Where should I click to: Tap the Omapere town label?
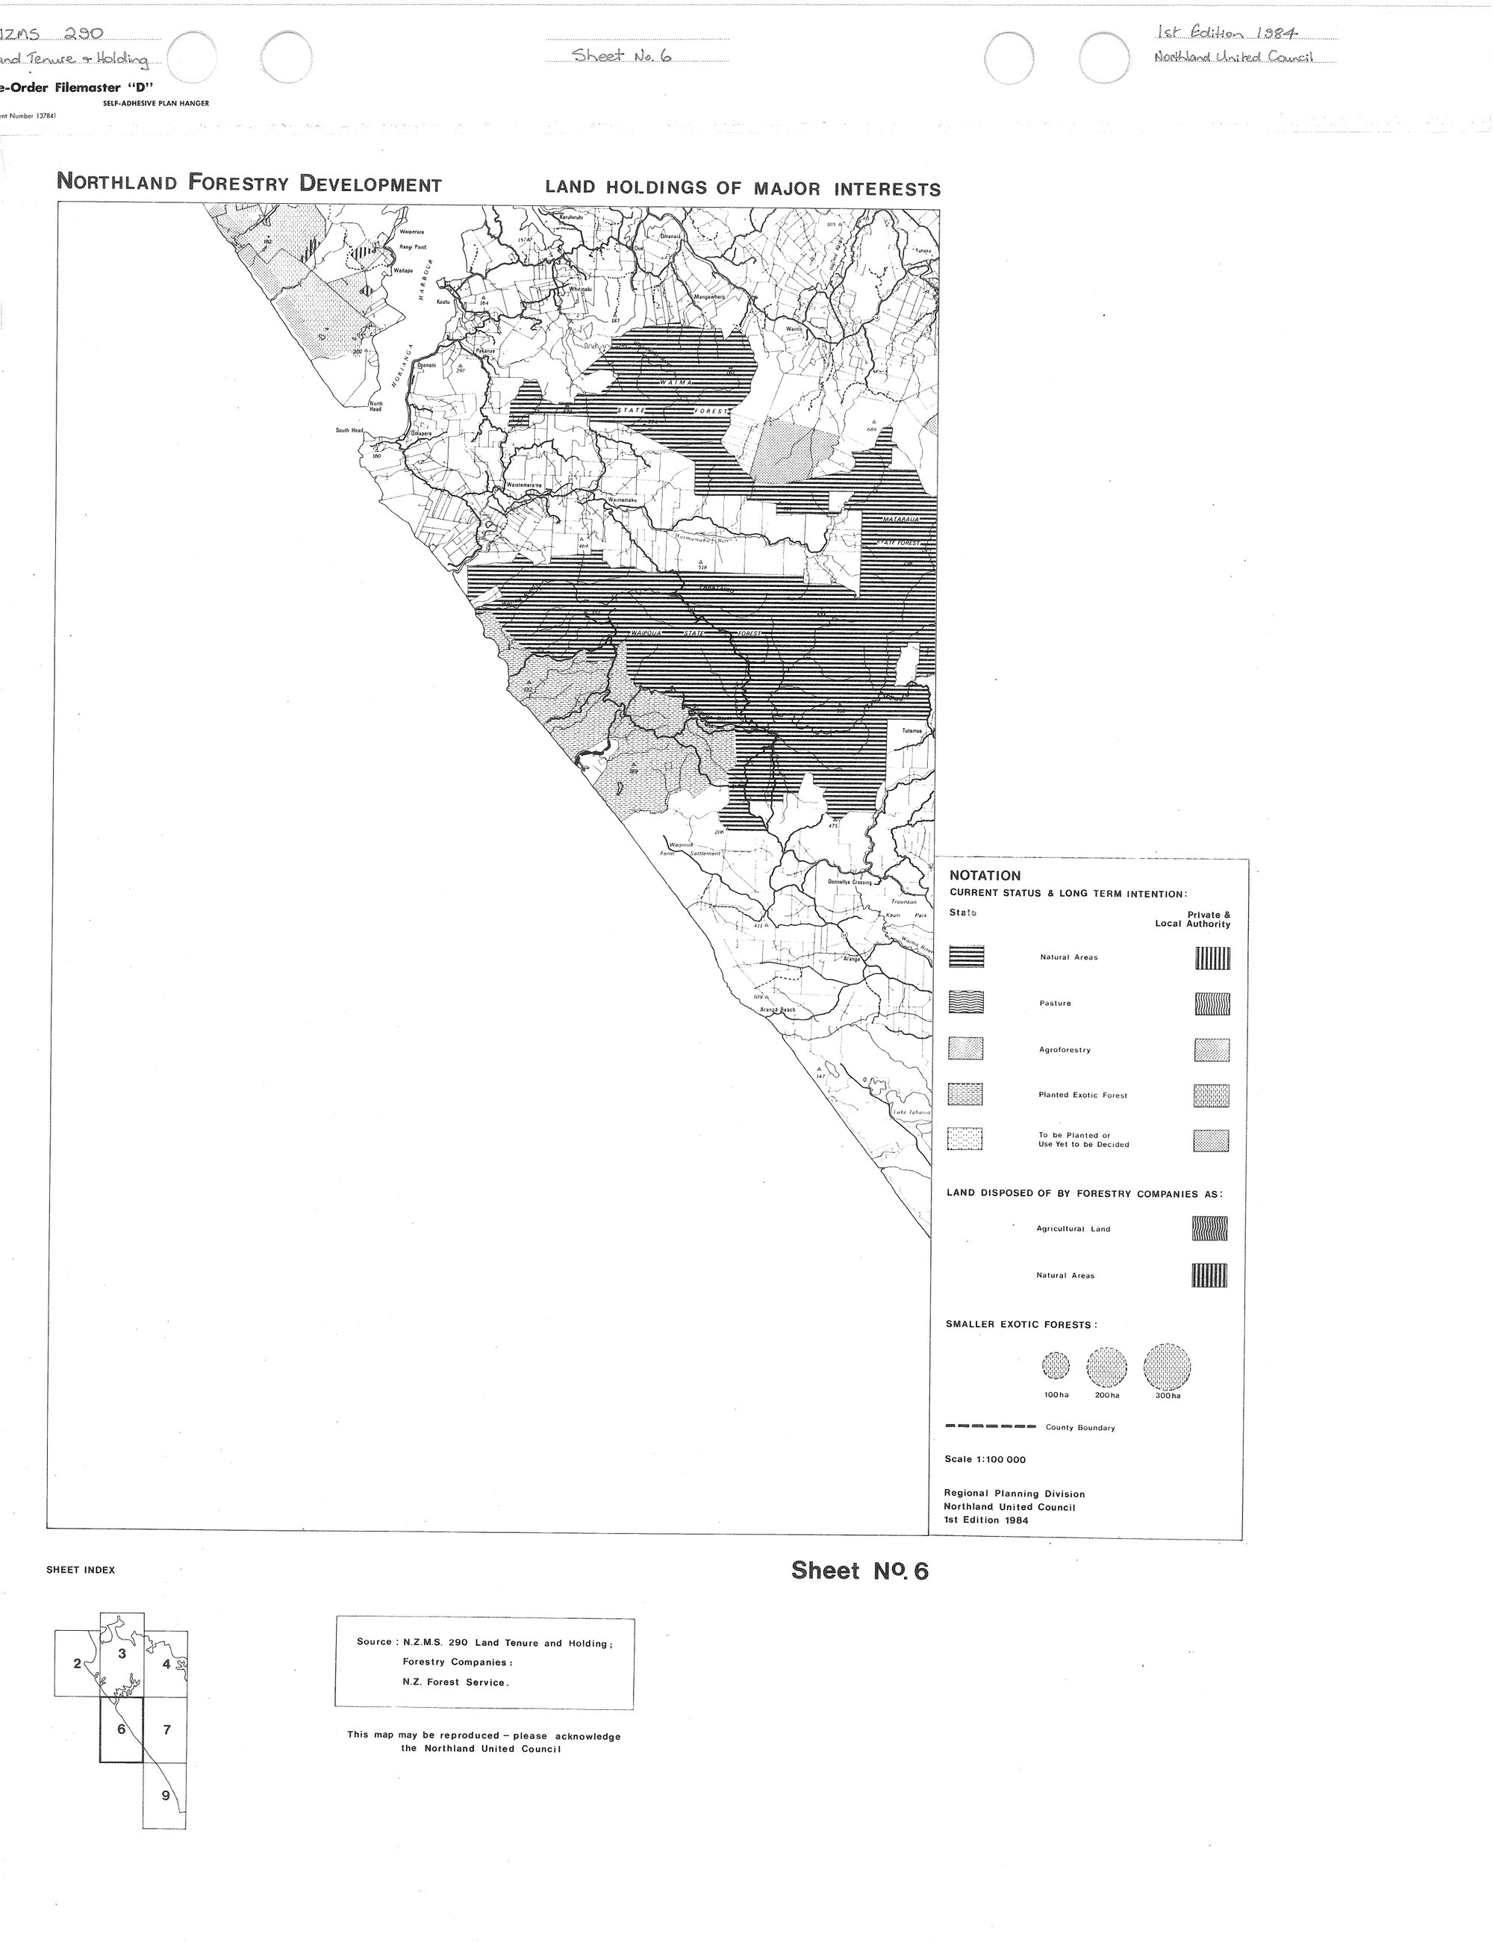420,433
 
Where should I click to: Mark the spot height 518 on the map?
701,565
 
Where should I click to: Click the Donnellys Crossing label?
850,882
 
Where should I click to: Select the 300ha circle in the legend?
1167,1367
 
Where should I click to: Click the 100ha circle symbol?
1056,1367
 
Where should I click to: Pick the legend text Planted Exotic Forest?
1082,1095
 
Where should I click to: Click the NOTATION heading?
985,874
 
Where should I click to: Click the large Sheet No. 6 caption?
859,1571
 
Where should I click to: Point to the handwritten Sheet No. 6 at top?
621,55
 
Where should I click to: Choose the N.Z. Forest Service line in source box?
455,1682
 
